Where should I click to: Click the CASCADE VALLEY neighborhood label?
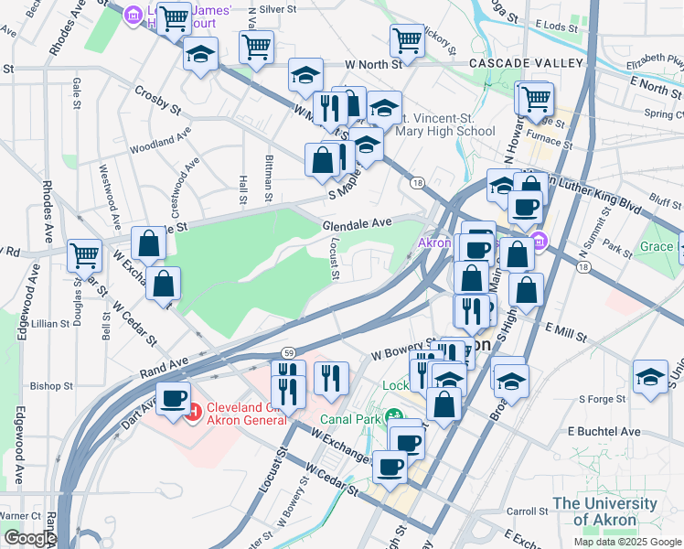526,63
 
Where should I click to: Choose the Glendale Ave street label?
357,222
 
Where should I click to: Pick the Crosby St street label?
157,101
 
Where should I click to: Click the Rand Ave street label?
164,366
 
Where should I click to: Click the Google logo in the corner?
29,538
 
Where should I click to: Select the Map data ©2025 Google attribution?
626,542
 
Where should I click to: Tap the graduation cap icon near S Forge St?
650,376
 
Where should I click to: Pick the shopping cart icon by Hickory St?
407,39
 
